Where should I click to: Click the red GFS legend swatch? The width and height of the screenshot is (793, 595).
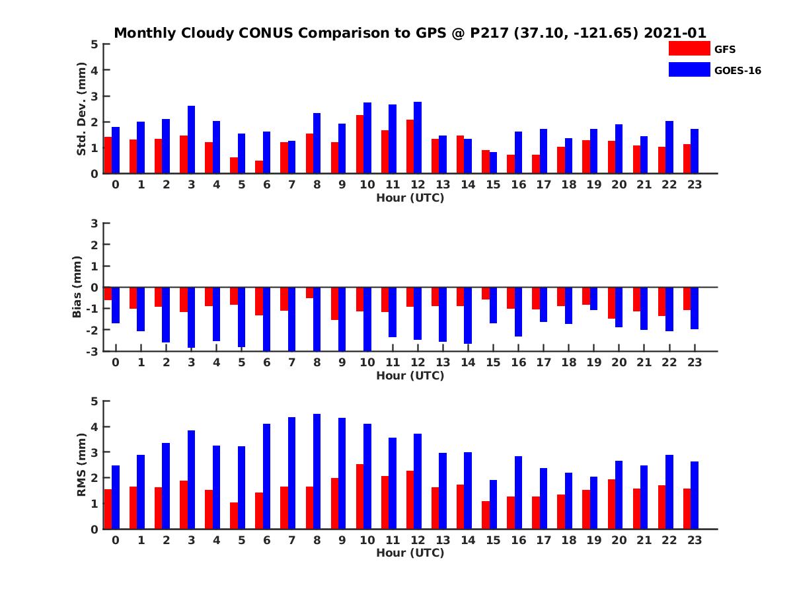point(689,48)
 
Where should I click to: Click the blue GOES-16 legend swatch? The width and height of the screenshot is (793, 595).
point(689,69)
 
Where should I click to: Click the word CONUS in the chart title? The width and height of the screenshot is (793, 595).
point(252,32)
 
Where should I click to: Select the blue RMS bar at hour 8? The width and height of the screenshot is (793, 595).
point(317,471)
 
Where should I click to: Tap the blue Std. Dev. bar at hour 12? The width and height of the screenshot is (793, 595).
point(418,138)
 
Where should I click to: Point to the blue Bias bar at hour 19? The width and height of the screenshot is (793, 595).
point(593,299)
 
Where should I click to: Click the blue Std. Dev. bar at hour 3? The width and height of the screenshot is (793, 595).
point(191,139)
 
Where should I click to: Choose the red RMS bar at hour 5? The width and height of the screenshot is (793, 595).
point(234,516)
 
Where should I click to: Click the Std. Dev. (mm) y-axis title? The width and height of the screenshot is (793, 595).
point(82,109)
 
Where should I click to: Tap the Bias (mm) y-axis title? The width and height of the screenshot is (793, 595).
point(78,287)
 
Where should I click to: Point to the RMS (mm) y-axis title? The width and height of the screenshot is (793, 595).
point(82,465)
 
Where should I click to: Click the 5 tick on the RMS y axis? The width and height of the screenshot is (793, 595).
point(94,401)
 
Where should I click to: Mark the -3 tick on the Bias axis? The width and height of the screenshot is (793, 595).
point(92,351)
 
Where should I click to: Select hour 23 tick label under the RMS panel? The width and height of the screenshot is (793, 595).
point(694,539)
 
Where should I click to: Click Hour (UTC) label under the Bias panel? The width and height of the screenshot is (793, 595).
point(410,376)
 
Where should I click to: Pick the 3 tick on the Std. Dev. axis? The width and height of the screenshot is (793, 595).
point(94,96)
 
